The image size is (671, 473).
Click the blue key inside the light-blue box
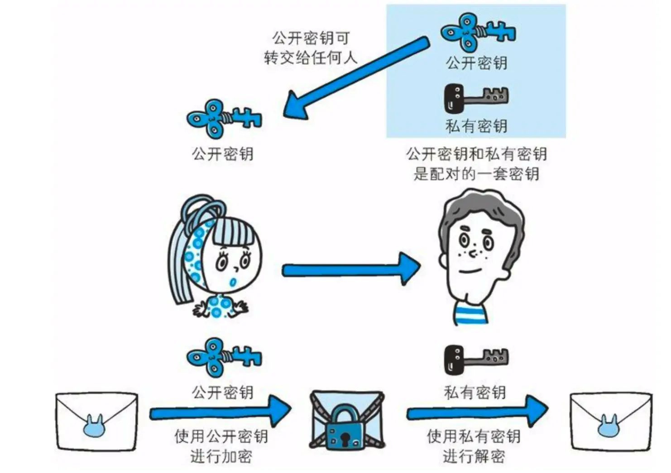477,33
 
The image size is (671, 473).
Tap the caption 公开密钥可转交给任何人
311,47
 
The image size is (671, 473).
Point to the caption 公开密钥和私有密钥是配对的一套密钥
476,164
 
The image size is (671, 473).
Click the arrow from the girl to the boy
351,270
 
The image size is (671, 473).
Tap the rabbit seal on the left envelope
96,426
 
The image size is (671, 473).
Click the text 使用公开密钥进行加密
221,446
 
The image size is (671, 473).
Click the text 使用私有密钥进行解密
474,446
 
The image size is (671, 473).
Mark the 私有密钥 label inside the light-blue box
476,126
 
